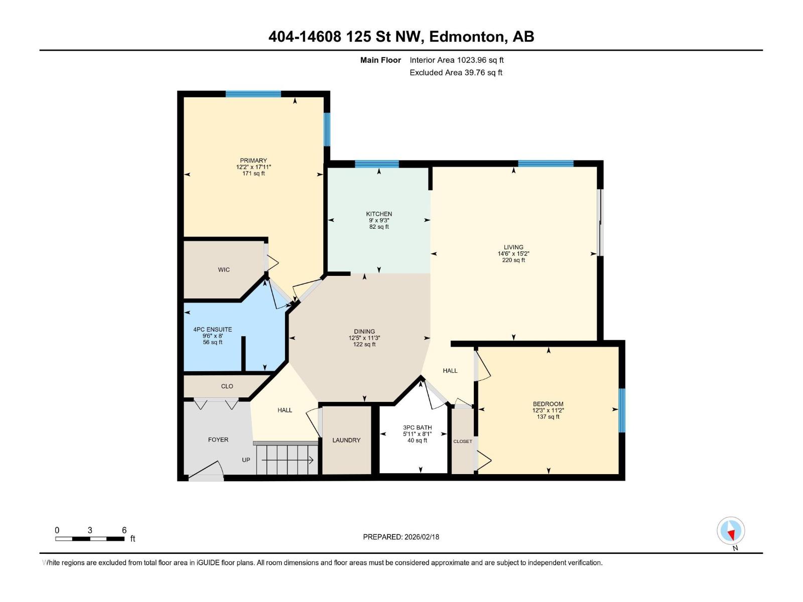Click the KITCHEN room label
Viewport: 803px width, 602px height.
point(379,214)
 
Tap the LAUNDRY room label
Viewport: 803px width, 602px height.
point(346,440)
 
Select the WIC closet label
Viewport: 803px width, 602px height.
point(224,270)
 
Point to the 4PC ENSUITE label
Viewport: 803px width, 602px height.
point(213,330)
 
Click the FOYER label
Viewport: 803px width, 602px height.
point(218,439)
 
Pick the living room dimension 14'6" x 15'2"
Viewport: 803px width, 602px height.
point(513,254)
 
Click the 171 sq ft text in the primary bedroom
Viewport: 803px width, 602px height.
point(253,174)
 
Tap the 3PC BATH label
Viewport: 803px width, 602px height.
point(418,427)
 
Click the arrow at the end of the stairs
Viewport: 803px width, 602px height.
point(311,460)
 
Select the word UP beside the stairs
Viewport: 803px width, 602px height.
point(246,460)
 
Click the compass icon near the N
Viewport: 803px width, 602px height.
point(731,531)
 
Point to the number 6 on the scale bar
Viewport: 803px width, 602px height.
point(124,530)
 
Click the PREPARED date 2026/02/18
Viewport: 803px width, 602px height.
point(421,537)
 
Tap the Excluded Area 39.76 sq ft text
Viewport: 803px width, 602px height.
point(456,72)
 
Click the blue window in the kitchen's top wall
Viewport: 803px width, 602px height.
point(377,164)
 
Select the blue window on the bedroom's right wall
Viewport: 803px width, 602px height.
point(622,410)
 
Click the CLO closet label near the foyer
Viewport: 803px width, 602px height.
point(227,386)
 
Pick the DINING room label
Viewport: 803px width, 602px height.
point(364,331)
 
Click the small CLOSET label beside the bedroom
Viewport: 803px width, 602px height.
point(463,441)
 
